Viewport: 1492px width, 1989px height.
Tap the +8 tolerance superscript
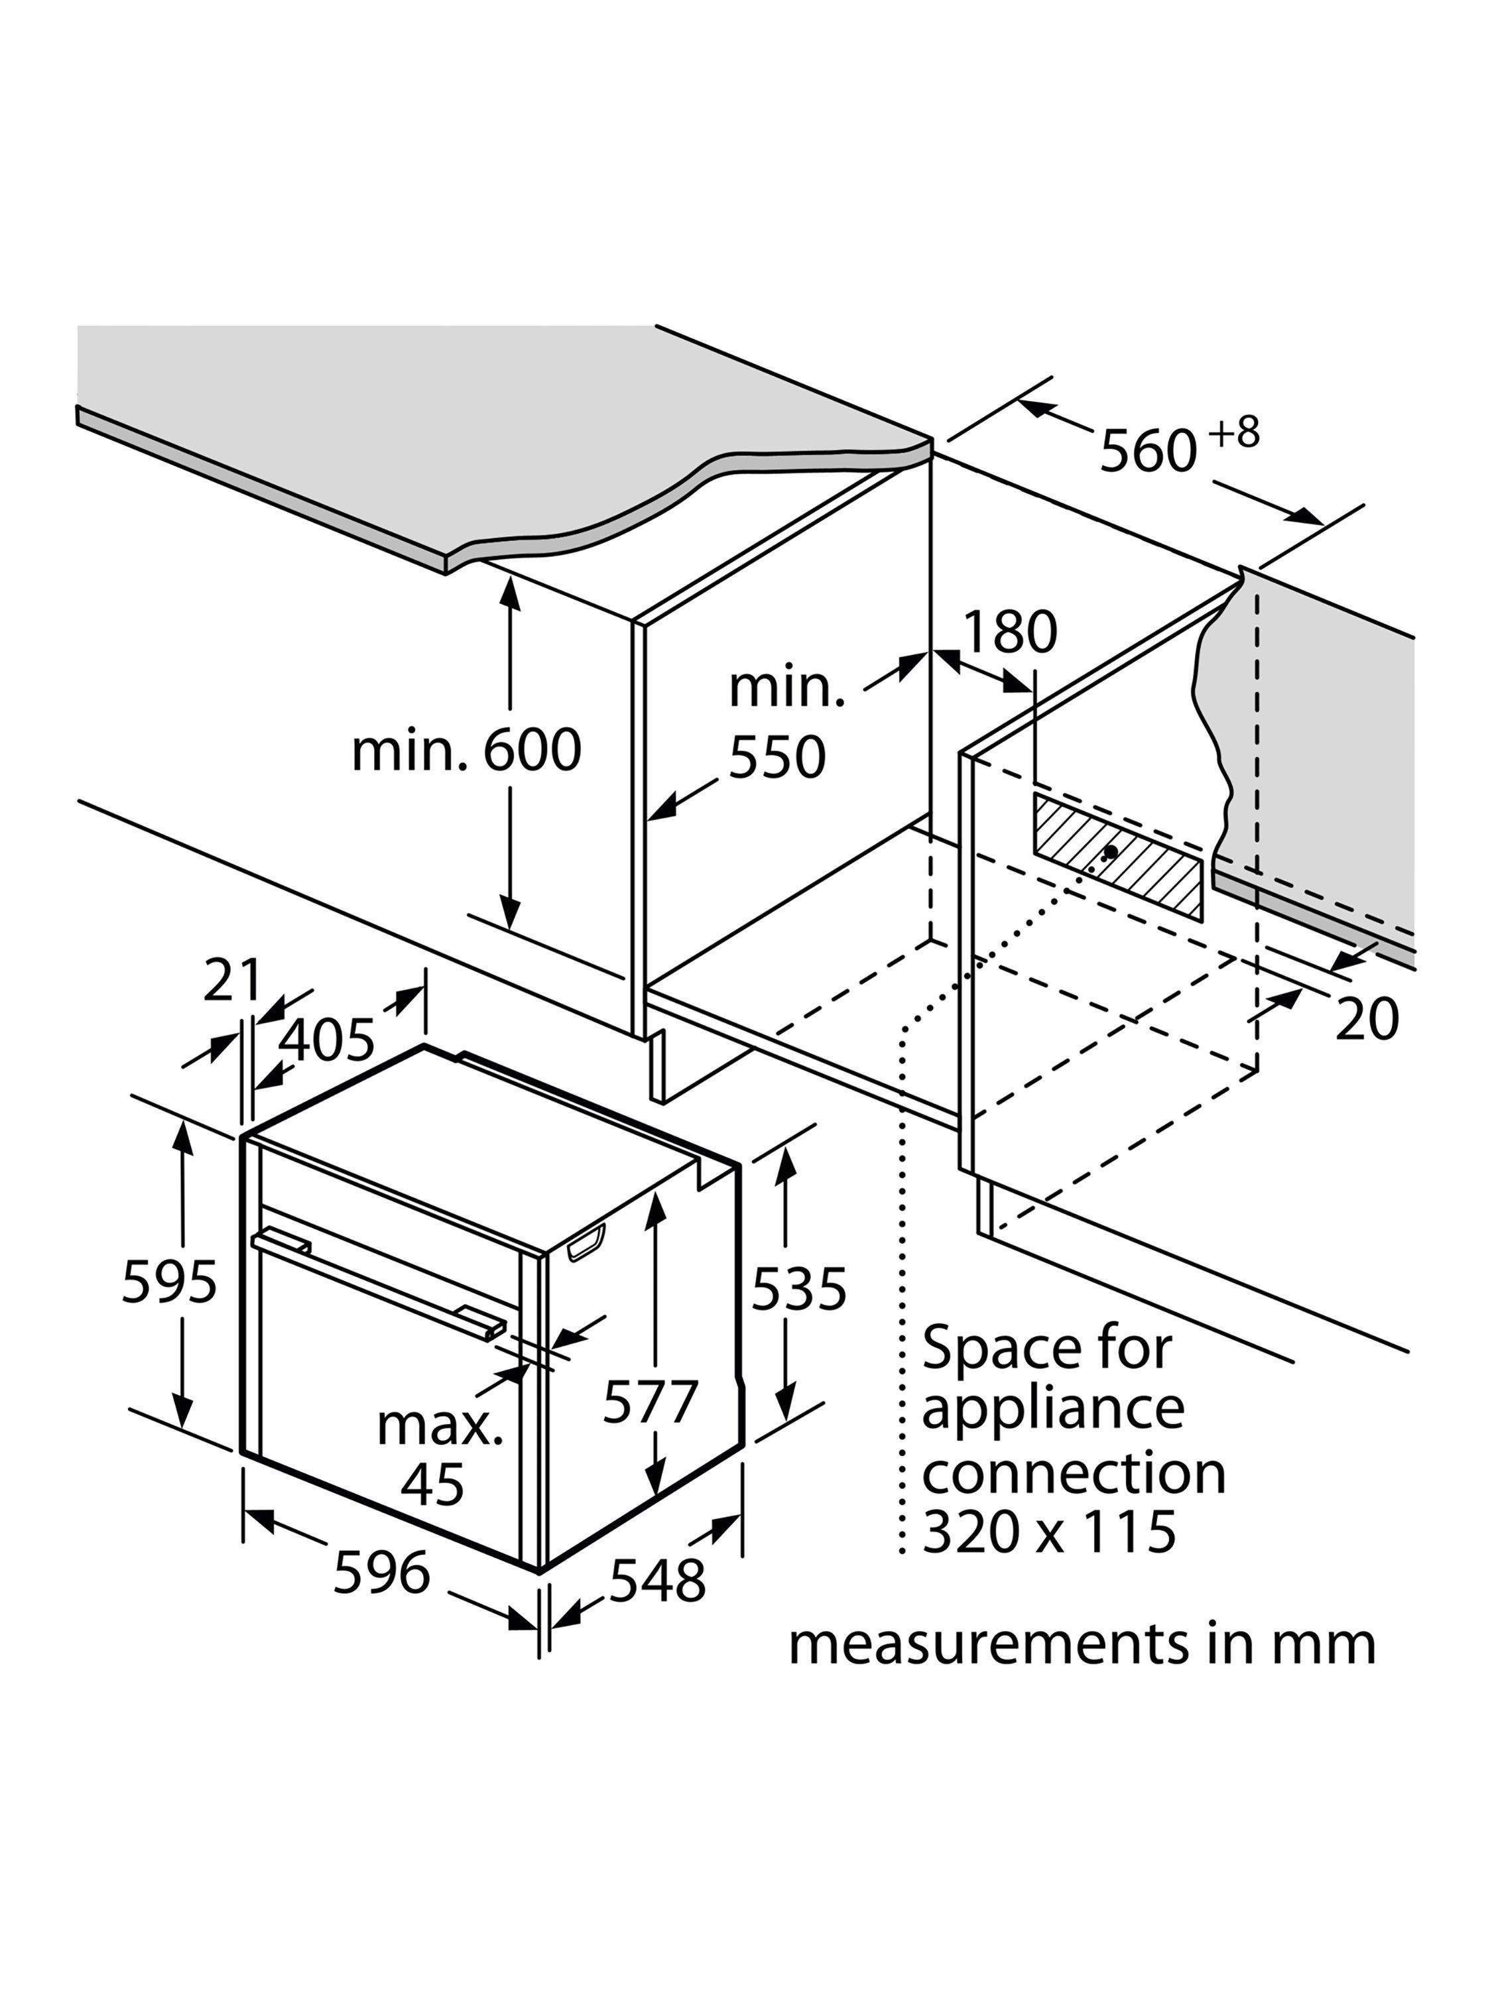point(1234,434)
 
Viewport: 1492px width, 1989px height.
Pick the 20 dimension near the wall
point(1366,1020)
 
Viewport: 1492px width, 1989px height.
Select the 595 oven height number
point(169,1282)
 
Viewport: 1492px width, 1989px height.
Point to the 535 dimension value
point(798,1288)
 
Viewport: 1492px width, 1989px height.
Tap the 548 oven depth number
point(657,1580)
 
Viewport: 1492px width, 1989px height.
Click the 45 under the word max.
point(432,1484)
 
